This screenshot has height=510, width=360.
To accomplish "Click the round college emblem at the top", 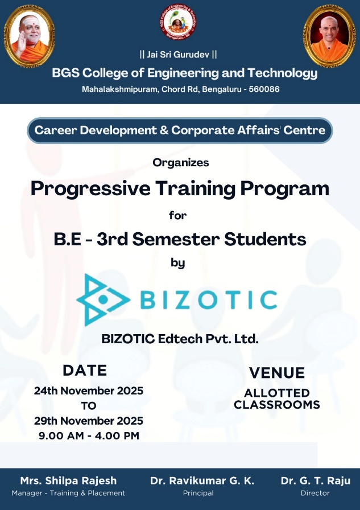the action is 178,22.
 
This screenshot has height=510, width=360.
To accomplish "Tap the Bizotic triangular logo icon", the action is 104,300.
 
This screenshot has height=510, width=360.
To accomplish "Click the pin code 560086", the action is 264,89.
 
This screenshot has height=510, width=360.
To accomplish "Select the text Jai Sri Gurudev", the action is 178,54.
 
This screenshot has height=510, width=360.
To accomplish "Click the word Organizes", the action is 181,162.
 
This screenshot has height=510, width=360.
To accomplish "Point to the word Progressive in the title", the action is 90,189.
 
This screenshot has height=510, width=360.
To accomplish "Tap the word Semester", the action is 176,239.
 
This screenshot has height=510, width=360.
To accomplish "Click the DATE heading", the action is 85,370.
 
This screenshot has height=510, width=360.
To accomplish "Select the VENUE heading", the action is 277,373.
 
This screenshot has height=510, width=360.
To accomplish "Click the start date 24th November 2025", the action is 89,390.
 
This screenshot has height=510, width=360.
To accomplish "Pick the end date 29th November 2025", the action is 89,421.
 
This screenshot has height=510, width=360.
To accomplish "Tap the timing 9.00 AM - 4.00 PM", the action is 89,435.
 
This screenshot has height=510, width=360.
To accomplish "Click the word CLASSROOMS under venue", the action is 277,405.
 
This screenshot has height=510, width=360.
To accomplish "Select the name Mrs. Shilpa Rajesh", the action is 68,480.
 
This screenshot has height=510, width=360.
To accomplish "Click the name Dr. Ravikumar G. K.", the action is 202,480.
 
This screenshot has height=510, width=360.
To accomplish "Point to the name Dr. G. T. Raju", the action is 316,480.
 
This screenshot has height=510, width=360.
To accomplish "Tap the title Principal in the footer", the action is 198,493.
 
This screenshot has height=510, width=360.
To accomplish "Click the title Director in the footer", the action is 315,493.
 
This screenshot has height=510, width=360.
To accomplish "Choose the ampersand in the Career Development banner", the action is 164,130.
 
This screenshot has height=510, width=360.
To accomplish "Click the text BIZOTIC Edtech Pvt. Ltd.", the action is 180,339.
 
